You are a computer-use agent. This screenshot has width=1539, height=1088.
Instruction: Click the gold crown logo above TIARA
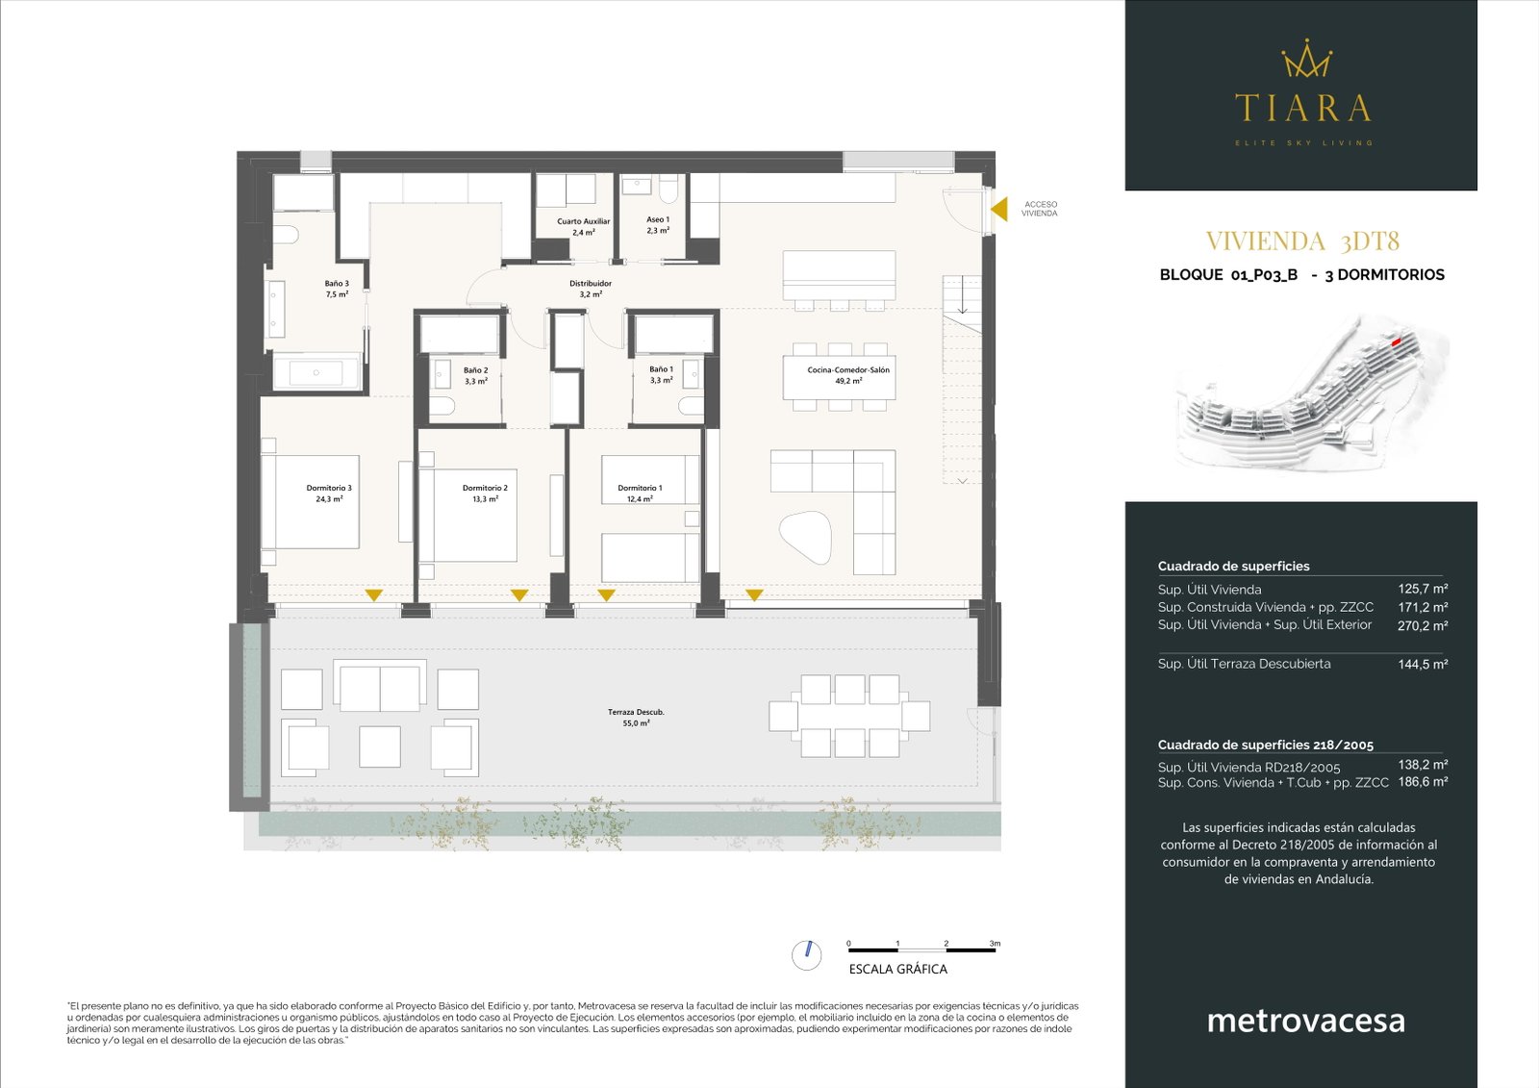pos(1306,59)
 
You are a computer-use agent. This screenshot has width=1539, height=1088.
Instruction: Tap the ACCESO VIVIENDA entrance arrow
pos(1000,209)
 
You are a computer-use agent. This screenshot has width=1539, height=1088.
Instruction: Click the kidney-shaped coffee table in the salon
pos(805,537)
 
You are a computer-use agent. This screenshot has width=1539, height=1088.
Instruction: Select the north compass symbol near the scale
pos(807,954)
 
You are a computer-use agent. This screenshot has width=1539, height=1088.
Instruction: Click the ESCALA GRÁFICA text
pos(897,970)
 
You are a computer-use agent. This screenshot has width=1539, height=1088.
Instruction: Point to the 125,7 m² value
pos(1423,589)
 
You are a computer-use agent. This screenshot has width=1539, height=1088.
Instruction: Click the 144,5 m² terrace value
pos(1423,664)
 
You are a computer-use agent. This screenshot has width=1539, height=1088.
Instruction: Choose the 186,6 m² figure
pos(1423,782)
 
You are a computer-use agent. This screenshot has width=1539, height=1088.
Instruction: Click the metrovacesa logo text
pos(1305,1021)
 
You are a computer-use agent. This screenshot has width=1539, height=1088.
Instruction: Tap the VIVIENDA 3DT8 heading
pos(1301,240)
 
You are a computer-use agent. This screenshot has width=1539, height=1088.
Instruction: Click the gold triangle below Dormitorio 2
pos(519,595)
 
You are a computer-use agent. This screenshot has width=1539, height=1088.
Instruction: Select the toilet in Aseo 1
pos(670,190)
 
